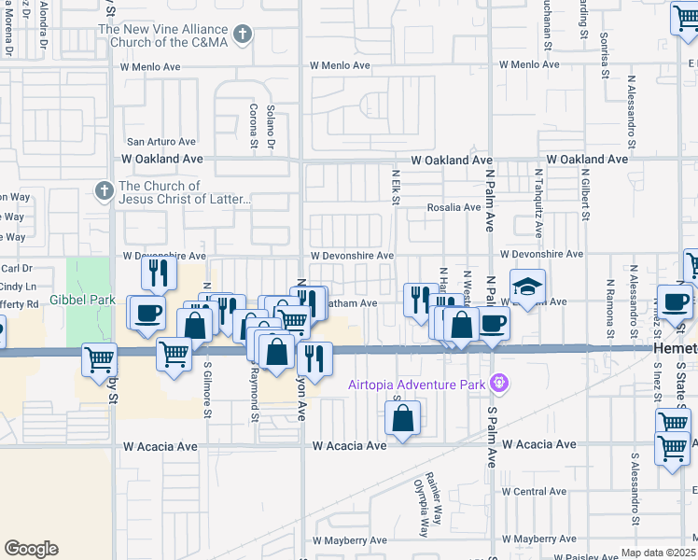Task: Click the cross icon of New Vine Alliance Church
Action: click(243, 35)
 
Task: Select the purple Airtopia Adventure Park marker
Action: click(501, 384)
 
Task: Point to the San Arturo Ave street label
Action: click(161, 142)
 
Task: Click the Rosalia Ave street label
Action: click(454, 207)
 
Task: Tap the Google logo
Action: click(31, 548)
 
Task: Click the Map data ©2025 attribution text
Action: click(659, 553)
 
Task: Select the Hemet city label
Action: click(673, 346)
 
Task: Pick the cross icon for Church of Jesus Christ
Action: click(105, 191)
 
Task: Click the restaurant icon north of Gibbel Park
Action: click(160, 272)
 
